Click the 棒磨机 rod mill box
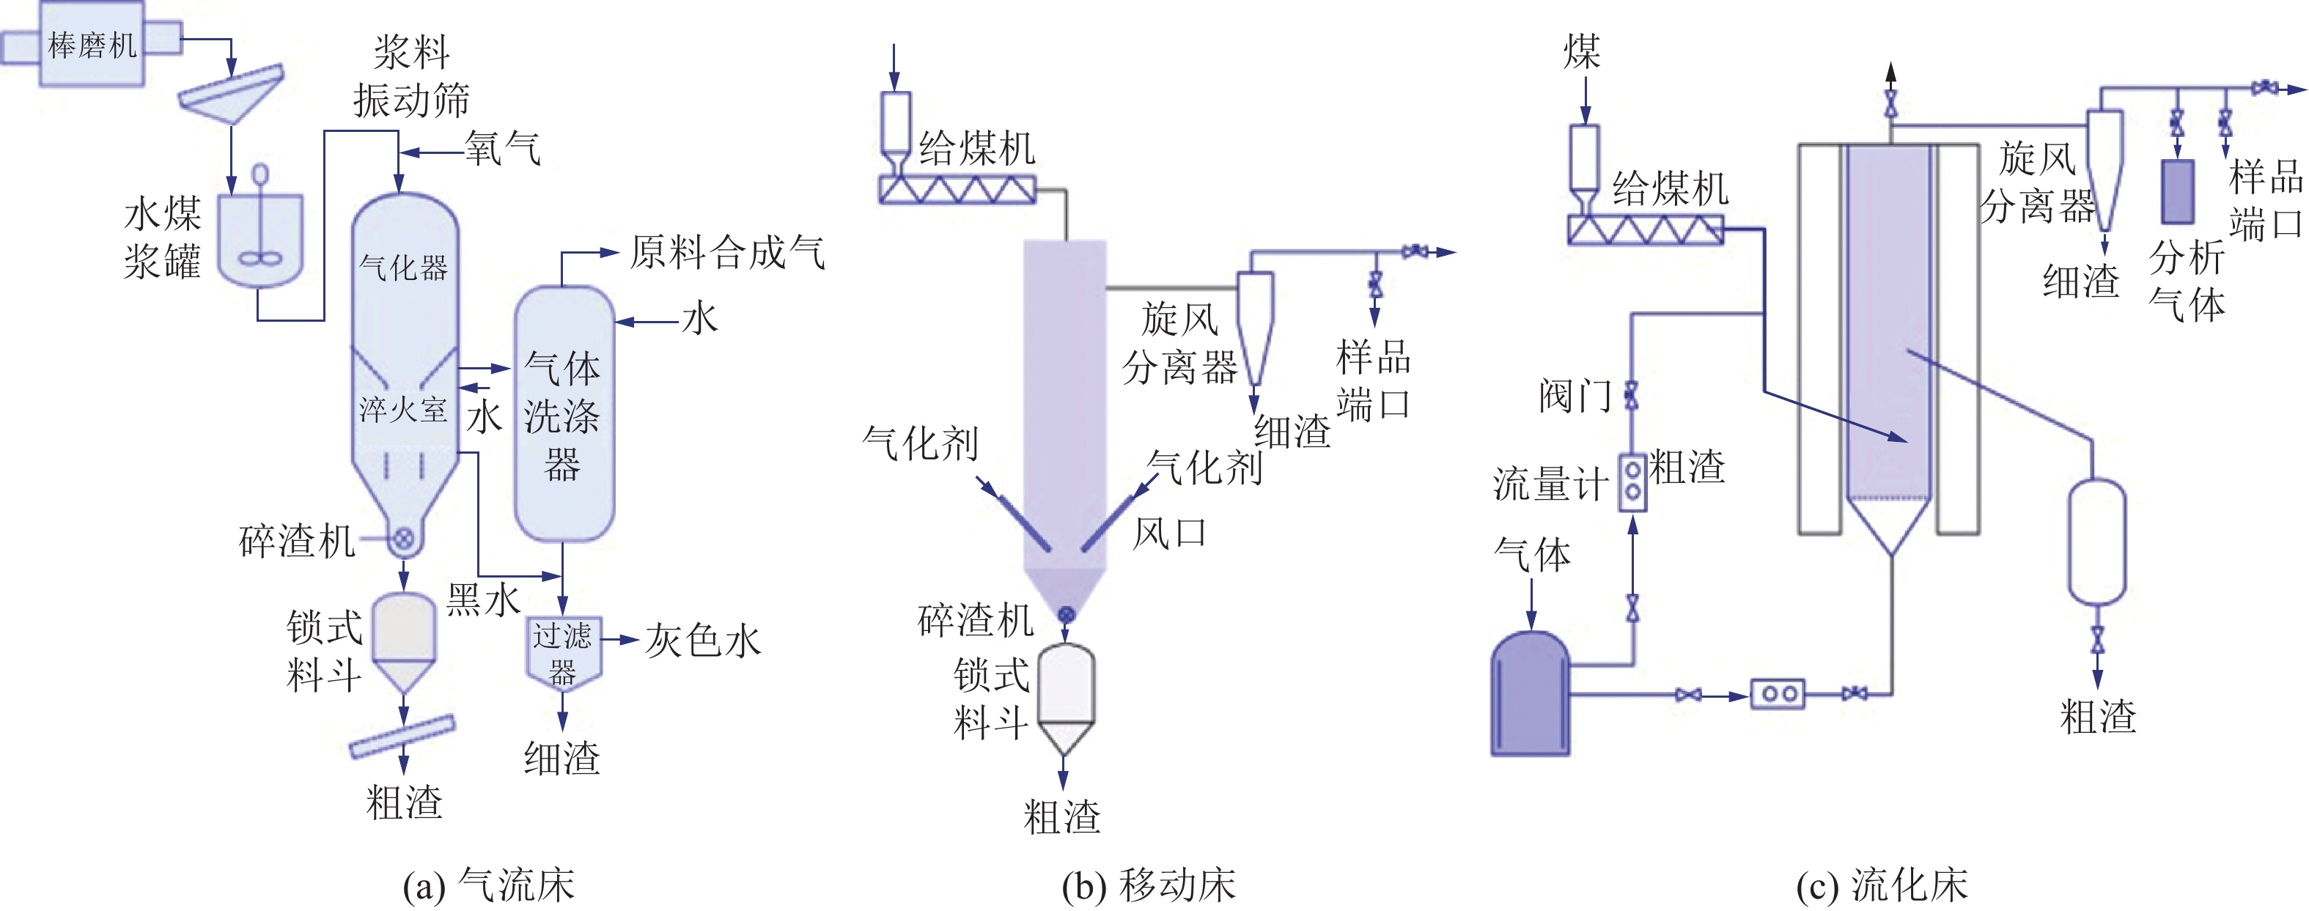point(92,44)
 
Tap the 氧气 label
point(503,148)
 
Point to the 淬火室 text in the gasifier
point(403,410)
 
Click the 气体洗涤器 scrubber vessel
point(564,414)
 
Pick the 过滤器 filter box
point(563,653)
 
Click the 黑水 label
point(483,598)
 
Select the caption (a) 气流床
point(488,885)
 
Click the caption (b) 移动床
point(1148,885)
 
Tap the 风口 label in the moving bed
point(1169,534)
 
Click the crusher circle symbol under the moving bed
point(1066,614)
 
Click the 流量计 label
point(1550,484)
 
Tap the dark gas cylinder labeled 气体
point(1530,693)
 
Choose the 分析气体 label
point(2187,281)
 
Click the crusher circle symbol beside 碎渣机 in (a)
point(404,539)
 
